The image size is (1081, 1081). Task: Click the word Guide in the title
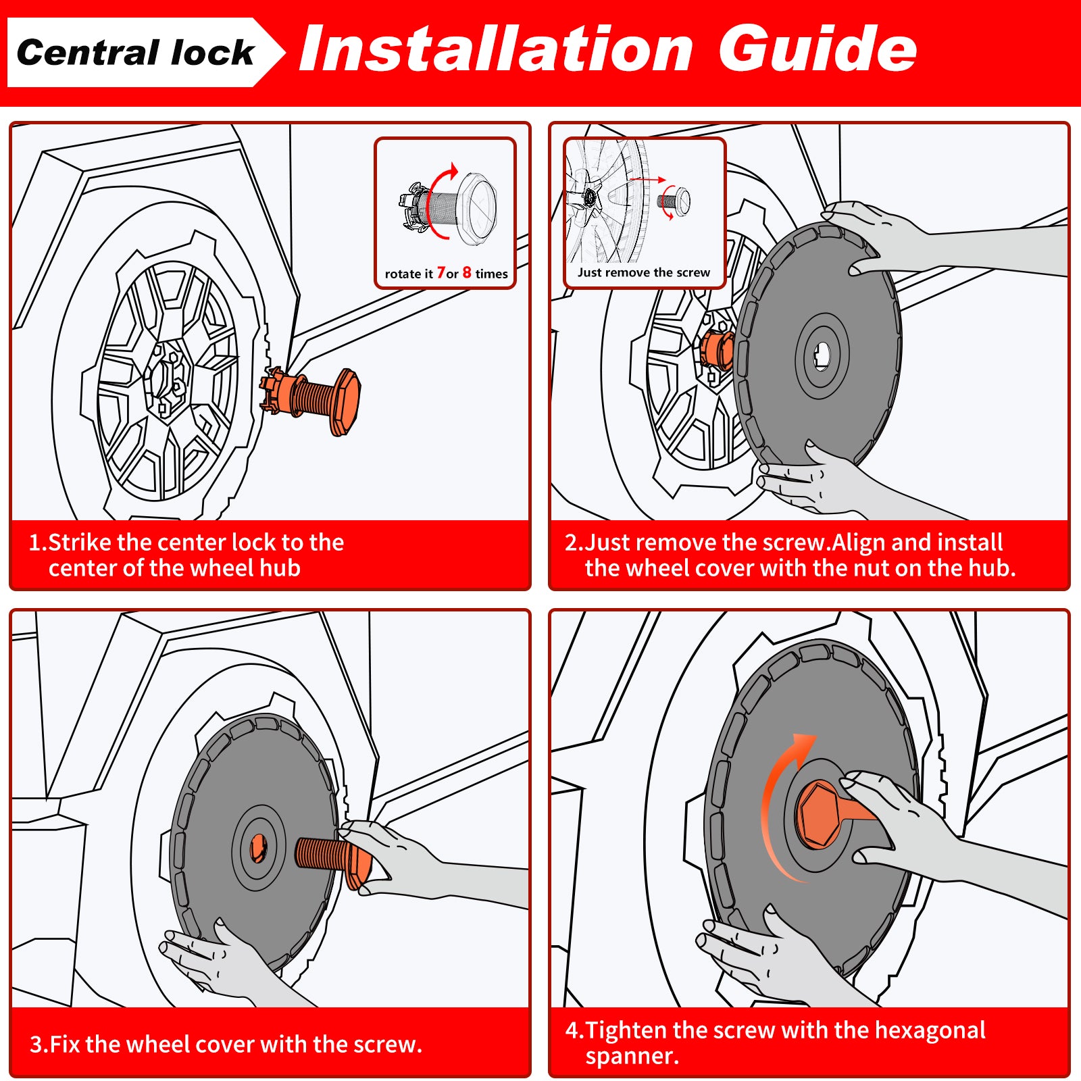[x=818, y=49]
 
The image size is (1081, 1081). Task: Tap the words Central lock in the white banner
[x=135, y=53]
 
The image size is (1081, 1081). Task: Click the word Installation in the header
[x=497, y=49]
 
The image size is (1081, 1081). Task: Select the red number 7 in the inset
[x=441, y=272]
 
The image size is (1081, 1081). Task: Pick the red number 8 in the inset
[x=467, y=272]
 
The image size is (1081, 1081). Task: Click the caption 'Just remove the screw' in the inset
[x=644, y=272]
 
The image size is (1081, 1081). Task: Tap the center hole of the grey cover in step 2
[x=822, y=355]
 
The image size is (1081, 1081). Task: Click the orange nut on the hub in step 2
[x=716, y=350]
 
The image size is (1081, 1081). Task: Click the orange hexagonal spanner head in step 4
[x=819, y=815]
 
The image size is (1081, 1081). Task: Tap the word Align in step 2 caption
[x=858, y=543]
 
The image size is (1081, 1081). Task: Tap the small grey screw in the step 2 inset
[x=673, y=200]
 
